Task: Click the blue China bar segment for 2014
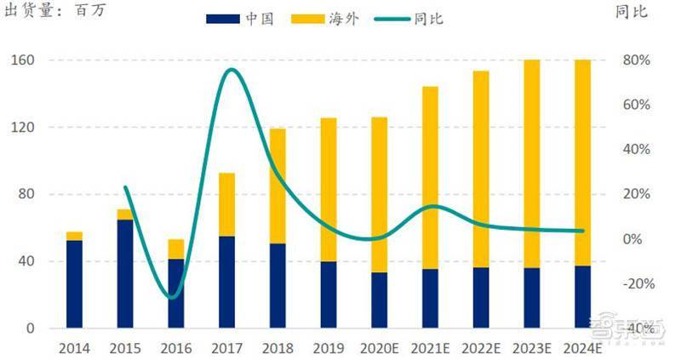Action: (74, 284)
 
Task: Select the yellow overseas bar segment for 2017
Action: (226, 204)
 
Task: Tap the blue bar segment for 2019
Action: (329, 294)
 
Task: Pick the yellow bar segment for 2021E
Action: (430, 178)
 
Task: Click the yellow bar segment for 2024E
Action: (582, 163)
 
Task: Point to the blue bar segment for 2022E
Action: (481, 298)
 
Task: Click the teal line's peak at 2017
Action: (232, 70)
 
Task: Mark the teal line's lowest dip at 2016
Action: (172, 298)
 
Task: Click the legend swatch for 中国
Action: (223, 19)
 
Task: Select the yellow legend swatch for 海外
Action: (308, 19)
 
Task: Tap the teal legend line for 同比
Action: (392, 19)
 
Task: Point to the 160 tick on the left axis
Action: (23, 60)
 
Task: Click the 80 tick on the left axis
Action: (26, 194)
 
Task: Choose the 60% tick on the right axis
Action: (637, 104)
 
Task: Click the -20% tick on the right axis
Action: (639, 283)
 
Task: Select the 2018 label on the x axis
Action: (278, 348)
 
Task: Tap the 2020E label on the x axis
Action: (379, 348)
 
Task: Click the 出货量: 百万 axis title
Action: (54, 10)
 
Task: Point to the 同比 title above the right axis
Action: (632, 11)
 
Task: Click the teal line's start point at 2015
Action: (125, 187)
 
